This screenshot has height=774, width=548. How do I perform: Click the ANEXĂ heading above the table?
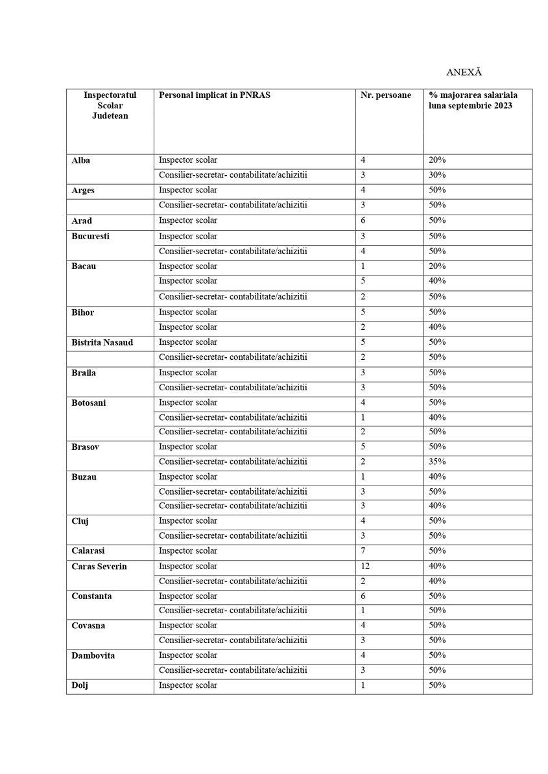tap(464, 72)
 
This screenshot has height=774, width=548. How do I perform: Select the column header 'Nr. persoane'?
tap(385, 95)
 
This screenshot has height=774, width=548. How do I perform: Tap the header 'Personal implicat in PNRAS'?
tap(214, 95)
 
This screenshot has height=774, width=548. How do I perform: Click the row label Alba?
tap(81, 160)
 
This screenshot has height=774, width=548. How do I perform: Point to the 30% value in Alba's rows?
tap(436, 175)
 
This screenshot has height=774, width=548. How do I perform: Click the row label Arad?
tap(82, 221)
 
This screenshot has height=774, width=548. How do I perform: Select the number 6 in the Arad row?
tap(363, 220)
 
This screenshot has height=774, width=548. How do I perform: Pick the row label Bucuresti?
tap(90, 236)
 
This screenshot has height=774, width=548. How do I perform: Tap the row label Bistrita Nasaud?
tap(102, 342)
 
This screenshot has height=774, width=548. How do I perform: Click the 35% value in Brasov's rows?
tap(436, 462)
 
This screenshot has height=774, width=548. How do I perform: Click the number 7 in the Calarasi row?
tap(363, 551)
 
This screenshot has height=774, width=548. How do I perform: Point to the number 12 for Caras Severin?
tap(365, 566)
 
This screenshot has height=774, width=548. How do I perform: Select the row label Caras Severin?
tap(99, 567)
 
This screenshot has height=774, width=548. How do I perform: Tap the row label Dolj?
tap(80, 685)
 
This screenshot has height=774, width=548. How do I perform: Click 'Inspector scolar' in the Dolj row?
tap(188, 685)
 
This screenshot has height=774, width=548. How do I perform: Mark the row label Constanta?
tap(91, 596)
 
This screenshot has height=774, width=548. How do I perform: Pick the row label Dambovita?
tap(93, 655)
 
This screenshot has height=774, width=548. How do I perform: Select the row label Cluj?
tap(80, 521)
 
